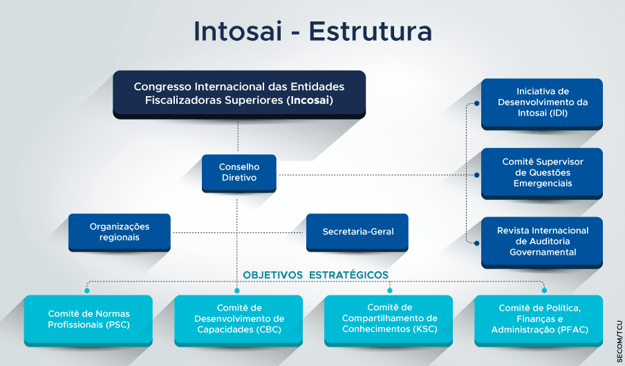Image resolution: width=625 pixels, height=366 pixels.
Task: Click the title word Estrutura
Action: [371, 31]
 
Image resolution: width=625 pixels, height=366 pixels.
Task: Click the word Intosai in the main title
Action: [238, 31]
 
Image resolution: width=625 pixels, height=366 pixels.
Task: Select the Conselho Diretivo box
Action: [239, 173]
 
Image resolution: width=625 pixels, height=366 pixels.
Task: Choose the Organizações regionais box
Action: [120, 232]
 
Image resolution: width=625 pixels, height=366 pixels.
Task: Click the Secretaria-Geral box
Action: [357, 232]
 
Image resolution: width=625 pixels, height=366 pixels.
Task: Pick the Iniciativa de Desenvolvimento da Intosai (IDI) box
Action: [542, 104]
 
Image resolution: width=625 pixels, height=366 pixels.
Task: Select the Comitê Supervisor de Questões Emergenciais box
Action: [542, 174]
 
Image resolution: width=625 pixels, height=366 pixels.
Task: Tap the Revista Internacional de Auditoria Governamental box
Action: [542, 242]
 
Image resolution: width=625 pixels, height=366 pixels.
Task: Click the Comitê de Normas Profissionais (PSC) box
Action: [88, 320]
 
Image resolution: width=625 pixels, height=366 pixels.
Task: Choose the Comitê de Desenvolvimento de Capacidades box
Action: [239, 320]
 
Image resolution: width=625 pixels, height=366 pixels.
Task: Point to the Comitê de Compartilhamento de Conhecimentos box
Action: [389, 320]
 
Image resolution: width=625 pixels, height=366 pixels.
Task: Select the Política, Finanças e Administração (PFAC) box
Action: [539, 320]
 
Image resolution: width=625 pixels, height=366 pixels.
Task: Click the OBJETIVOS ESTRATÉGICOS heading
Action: [316, 275]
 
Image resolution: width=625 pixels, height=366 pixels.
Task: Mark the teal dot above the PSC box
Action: [87, 291]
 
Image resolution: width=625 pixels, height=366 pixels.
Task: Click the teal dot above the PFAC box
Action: [544, 291]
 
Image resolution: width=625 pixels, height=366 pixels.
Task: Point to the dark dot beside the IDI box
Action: [477, 104]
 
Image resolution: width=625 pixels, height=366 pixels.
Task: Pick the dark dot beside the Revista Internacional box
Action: [477, 243]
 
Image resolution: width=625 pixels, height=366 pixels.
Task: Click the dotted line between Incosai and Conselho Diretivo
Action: [238, 137]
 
